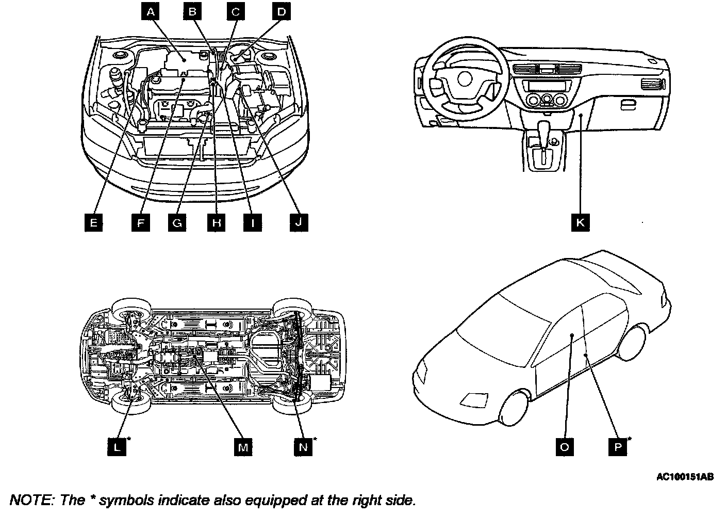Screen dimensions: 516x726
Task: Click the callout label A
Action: (x=150, y=11)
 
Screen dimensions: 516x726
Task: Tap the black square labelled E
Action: (x=93, y=222)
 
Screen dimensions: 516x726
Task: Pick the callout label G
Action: (x=177, y=222)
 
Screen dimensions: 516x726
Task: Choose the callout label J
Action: (x=298, y=222)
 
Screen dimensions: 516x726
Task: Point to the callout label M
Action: (x=243, y=447)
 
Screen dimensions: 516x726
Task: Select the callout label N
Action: (x=303, y=447)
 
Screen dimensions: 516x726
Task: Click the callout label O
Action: (x=564, y=447)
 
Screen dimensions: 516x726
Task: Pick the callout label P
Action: (x=618, y=447)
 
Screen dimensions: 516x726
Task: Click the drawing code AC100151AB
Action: (x=685, y=477)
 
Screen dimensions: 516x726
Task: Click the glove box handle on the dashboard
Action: (x=629, y=105)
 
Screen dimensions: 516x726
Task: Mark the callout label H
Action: (x=216, y=222)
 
